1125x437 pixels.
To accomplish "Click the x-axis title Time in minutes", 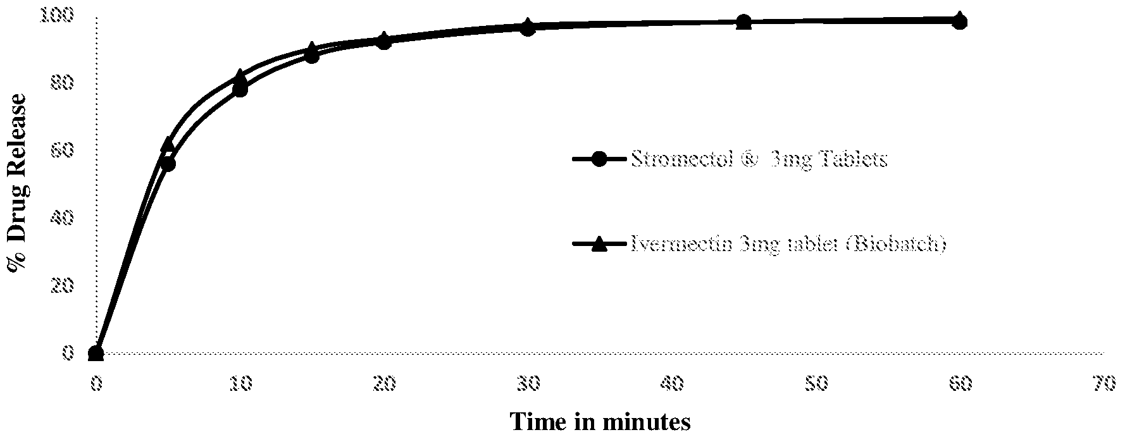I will tap(600, 421).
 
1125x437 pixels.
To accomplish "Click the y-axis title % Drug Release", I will tap(17, 183).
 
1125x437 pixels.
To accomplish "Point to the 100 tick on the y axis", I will tap(57, 15).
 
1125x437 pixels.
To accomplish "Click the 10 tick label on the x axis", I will tap(240, 383).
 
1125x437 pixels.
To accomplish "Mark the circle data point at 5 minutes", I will tap(168, 164).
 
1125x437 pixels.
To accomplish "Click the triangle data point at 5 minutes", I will tap(168, 145).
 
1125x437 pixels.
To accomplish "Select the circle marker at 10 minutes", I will tap(240, 90).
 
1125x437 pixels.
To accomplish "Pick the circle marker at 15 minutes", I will tap(312, 56).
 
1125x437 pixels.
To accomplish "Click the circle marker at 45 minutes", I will tap(744, 22).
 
